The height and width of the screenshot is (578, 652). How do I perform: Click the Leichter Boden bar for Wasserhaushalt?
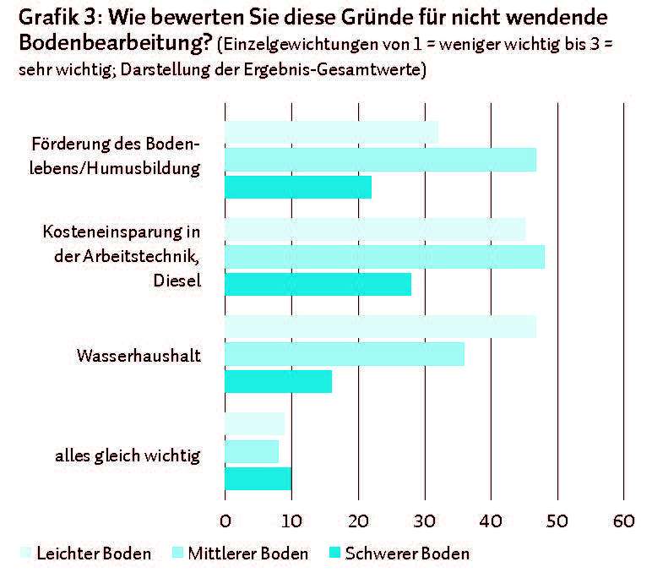[380, 327]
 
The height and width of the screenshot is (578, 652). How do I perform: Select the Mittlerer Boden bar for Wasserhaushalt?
[345, 354]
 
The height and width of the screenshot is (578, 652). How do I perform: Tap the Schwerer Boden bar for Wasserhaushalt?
[279, 382]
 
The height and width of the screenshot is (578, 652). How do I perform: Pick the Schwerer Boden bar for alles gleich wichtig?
[258, 478]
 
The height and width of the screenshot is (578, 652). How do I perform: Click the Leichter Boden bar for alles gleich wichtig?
[255, 423]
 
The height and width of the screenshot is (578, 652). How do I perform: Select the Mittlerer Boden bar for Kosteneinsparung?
[384, 257]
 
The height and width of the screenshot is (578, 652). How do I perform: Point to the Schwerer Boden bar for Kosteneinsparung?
[318, 284]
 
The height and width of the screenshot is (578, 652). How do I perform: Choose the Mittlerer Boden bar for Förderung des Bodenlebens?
[380, 160]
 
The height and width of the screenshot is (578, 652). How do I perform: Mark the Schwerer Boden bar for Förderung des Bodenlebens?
[298, 187]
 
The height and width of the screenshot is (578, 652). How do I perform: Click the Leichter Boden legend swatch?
[26, 553]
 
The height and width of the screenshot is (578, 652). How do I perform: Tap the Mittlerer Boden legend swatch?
[177, 553]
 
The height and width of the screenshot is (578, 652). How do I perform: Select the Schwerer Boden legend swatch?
[334, 553]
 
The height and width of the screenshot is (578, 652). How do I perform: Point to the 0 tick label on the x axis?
[225, 521]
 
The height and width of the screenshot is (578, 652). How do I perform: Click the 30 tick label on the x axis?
[425, 521]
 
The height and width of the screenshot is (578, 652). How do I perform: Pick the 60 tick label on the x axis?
[624, 521]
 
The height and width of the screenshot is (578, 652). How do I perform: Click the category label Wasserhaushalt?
[139, 356]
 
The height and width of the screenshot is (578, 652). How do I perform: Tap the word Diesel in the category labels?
[177, 281]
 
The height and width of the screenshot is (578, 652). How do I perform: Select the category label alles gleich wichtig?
[128, 456]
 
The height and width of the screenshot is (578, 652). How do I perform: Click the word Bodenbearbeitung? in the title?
[116, 42]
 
